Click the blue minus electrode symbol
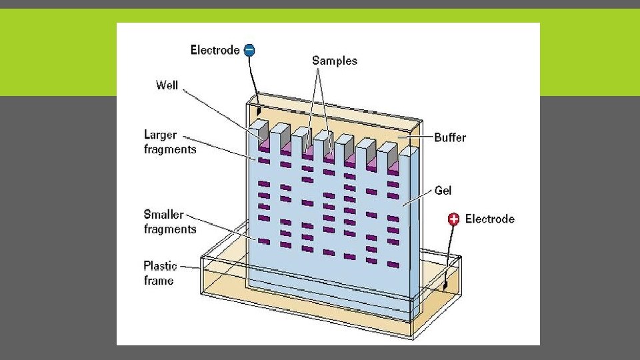(x=249, y=50)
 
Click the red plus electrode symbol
(x=454, y=219)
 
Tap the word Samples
(x=335, y=61)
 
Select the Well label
(x=167, y=85)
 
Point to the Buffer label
(x=450, y=137)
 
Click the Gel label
(x=443, y=191)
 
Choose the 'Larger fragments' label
(x=170, y=142)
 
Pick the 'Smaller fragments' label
(x=170, y=222)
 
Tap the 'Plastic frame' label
(x=159, y=273)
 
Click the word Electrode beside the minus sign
(x=215, y=50)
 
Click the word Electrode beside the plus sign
(x=490, y=219)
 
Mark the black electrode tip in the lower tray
(x=445, y=285)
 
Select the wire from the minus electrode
(x=253, y=80)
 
